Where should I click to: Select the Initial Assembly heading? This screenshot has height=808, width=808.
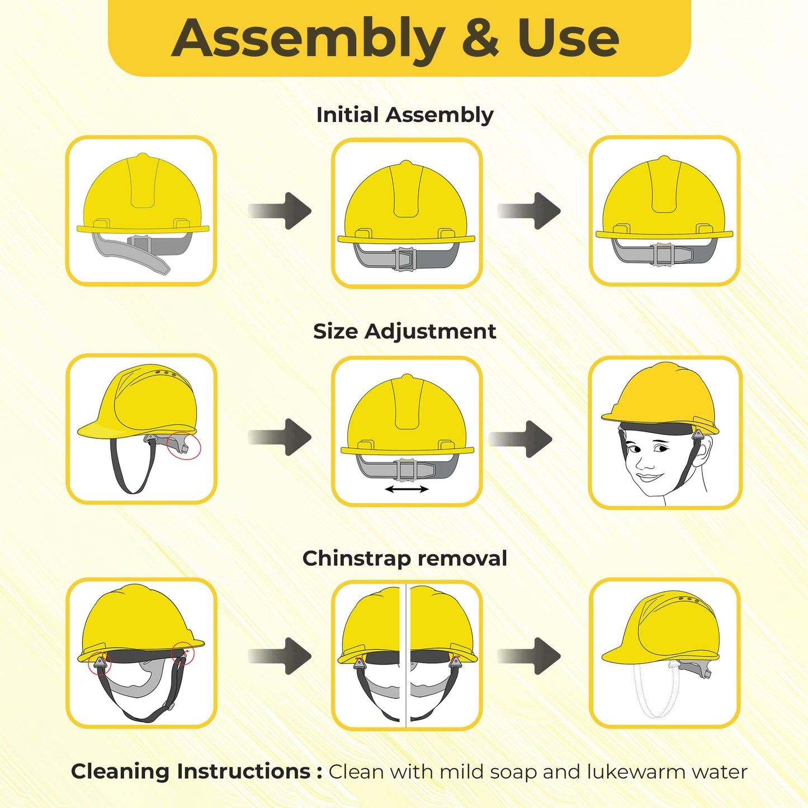tap(404, 115)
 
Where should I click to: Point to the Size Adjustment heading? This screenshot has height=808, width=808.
tap(404, 331)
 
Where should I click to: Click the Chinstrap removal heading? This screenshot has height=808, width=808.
tap(404, 558)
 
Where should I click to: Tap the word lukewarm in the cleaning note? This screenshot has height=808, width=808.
tap(635, 772)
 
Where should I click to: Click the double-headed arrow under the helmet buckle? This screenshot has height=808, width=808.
tap(407, 489)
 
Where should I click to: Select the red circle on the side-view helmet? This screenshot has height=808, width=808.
tap(185, 446)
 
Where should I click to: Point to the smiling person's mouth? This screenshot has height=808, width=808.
tap(649, 477)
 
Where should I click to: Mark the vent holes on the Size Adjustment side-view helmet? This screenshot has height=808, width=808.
tap(166, 373)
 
